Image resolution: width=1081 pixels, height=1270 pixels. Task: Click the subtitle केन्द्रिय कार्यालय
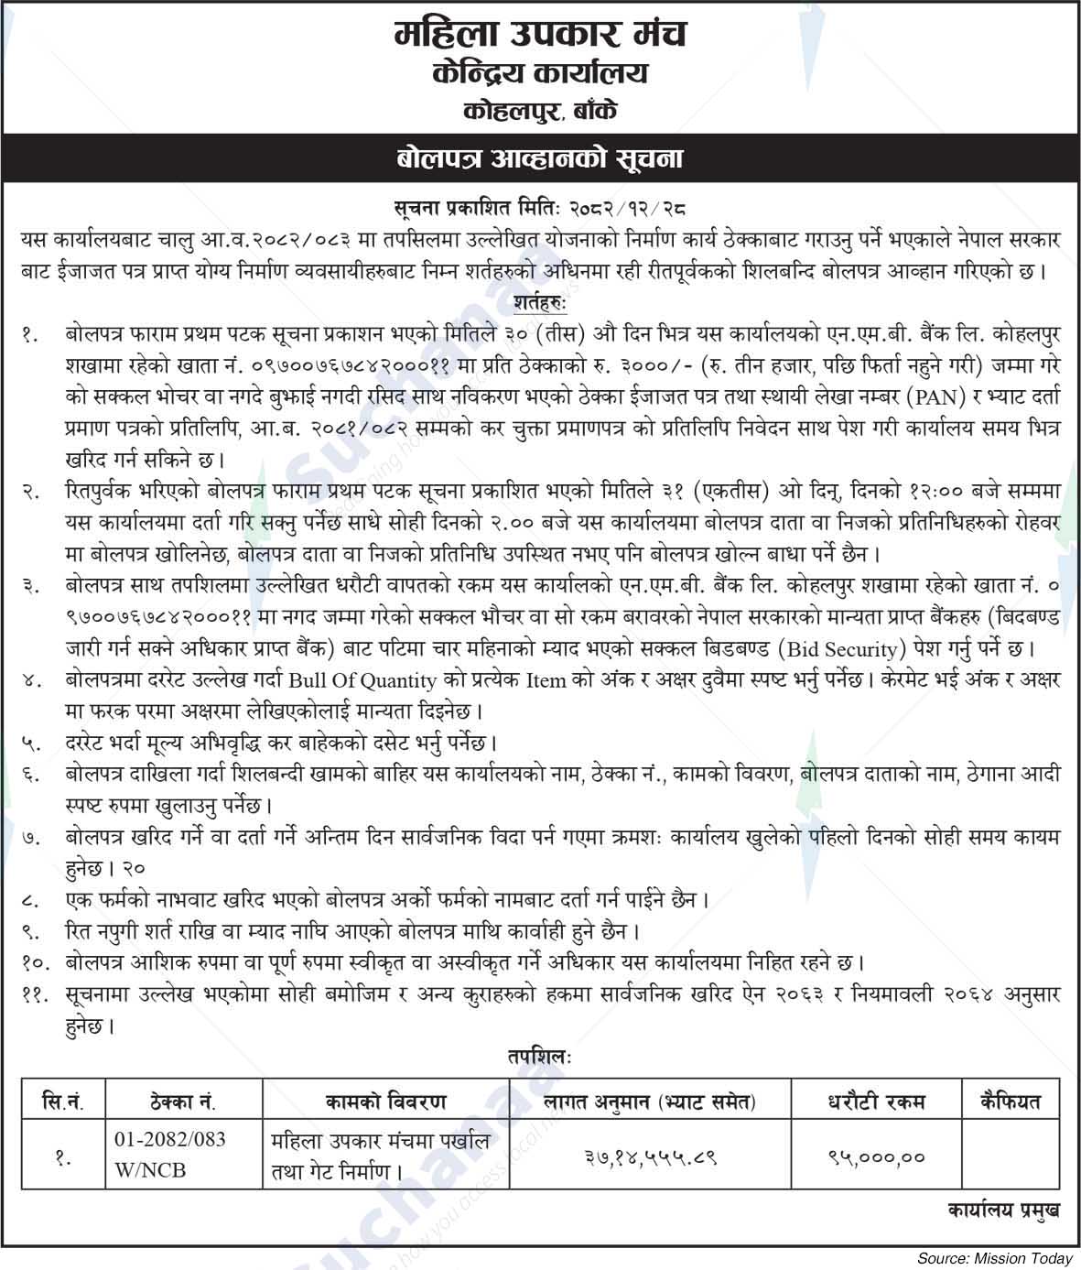pyautogui.click(x=540, y=74)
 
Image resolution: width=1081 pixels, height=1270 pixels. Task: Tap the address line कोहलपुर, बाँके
pyautogui.click(x=540, y=113)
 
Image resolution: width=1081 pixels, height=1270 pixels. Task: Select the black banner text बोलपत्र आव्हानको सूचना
pyautogui.click(x=540, y=159)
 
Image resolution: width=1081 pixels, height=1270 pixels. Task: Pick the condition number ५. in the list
pyautogui.click(x=32, y=744)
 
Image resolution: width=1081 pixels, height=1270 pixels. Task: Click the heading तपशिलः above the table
pyautogui.click(x=540, y=1056)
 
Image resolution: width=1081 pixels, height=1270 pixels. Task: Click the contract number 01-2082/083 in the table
pyautogui.click(x=170, y=1140)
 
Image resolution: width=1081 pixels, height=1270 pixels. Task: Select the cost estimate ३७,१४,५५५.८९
pyautogui.click(x=650, y=1157)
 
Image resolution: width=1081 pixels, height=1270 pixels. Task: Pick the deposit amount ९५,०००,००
pyautogui.click(x=876, y=1157)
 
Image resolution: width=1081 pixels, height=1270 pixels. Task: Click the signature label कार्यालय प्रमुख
pyautogui.click(x=1003, y=1211)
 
